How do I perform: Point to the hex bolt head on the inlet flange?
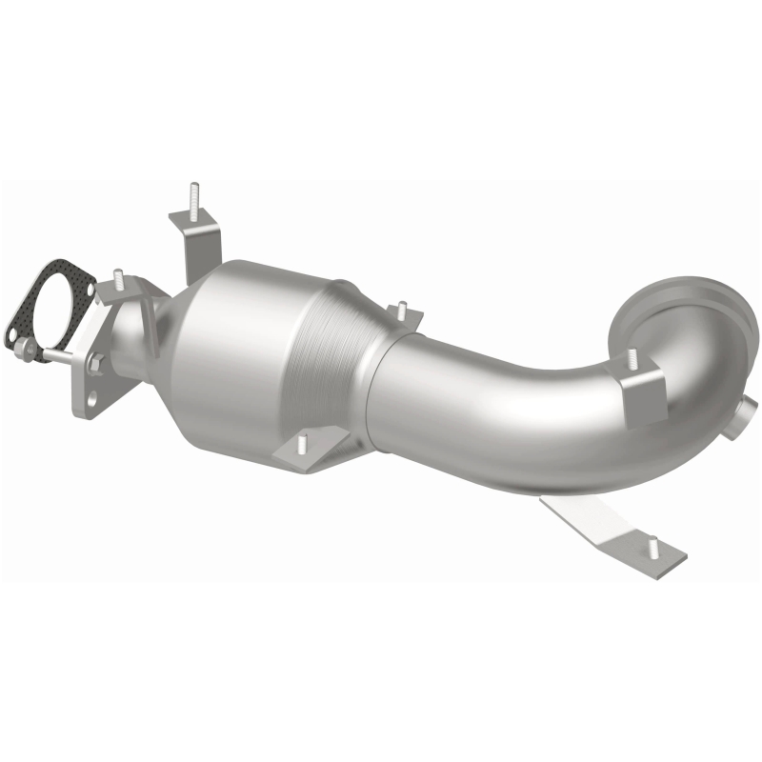[x=96, y=362]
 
